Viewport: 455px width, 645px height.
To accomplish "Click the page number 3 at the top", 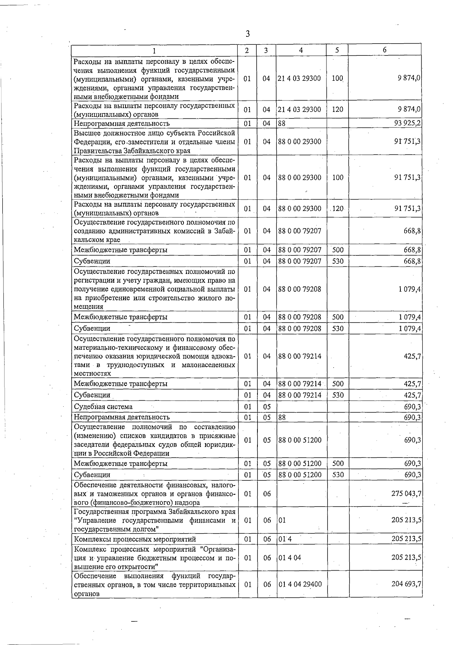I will (x=248, y=34).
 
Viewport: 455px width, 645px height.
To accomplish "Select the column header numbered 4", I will (x=301, y=50).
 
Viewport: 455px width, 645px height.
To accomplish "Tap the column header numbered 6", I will (x=384, y=50).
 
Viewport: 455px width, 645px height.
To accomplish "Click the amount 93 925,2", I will (x=407, y=123).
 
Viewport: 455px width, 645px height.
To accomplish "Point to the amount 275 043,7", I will (x=406, y=494).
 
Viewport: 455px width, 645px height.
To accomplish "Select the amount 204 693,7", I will (x=406, y=584).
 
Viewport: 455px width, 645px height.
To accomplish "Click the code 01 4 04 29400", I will (x=300, y=584).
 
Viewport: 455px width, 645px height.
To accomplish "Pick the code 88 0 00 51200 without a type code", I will (x=300, y=440).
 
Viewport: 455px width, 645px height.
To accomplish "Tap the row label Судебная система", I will (x=103, y=407).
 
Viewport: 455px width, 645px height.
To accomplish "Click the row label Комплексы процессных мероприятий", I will (x=135, y=539).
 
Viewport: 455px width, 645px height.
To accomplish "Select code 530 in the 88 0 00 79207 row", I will (x=337, y=261).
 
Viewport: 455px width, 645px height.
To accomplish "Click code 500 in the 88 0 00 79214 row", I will (x=337, y=384).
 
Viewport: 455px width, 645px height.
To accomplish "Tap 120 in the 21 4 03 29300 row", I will (x=337, y=109).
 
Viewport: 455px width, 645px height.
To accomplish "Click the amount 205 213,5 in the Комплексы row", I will (x=406, y=539).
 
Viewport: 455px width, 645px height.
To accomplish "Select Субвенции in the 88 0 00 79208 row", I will (x=92, y=328).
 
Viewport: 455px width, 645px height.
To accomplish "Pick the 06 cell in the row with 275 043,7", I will (x=267, y=494).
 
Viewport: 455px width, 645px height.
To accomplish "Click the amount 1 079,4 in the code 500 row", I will (x=409, y=317).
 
